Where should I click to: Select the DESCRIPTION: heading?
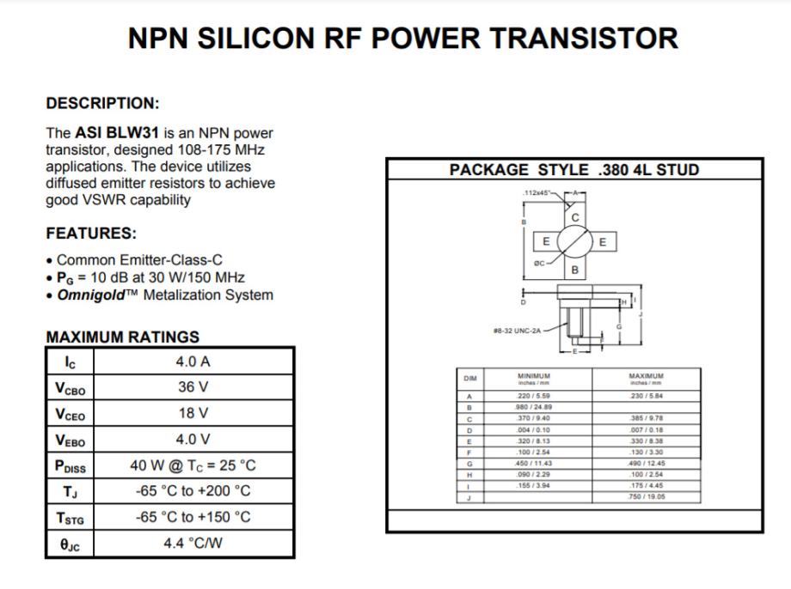(102, 103)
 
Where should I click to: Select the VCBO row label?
(71, 388)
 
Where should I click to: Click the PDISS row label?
(71, 466)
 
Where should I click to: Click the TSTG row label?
(71, 518)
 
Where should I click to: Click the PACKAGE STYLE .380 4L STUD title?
(574, 169)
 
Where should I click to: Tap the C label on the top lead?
(575, 218)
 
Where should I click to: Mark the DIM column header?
(470, 377)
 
